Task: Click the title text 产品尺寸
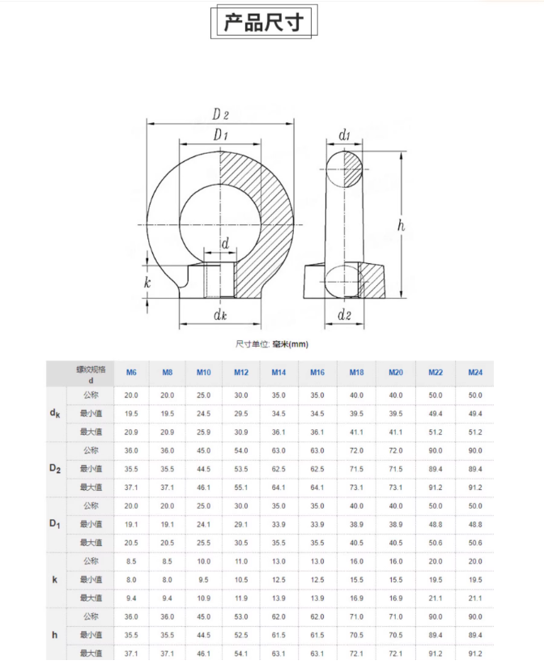(x=263, y=23)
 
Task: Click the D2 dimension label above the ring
(x=220, y=114)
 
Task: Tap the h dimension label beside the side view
(x=400, y=226)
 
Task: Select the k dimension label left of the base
(x=147, y=283)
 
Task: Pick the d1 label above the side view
(x=344, y=134)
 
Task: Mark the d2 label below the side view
(x=344, y=313)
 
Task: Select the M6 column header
(x=131, y=373)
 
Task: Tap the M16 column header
(x=317, y=373)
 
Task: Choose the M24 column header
(x=475, y=373)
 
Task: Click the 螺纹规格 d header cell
(x=91, y=373)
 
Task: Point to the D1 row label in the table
(x=55, y=525)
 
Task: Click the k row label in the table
(x=55, y=580)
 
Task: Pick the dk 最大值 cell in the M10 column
(x=203, y=433)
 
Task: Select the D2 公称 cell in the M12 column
(x=241, y=450)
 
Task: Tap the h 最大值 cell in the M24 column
(x=475, y=653)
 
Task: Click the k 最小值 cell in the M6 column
(x=131, y=580)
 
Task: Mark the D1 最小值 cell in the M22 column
(x=436, y=525)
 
